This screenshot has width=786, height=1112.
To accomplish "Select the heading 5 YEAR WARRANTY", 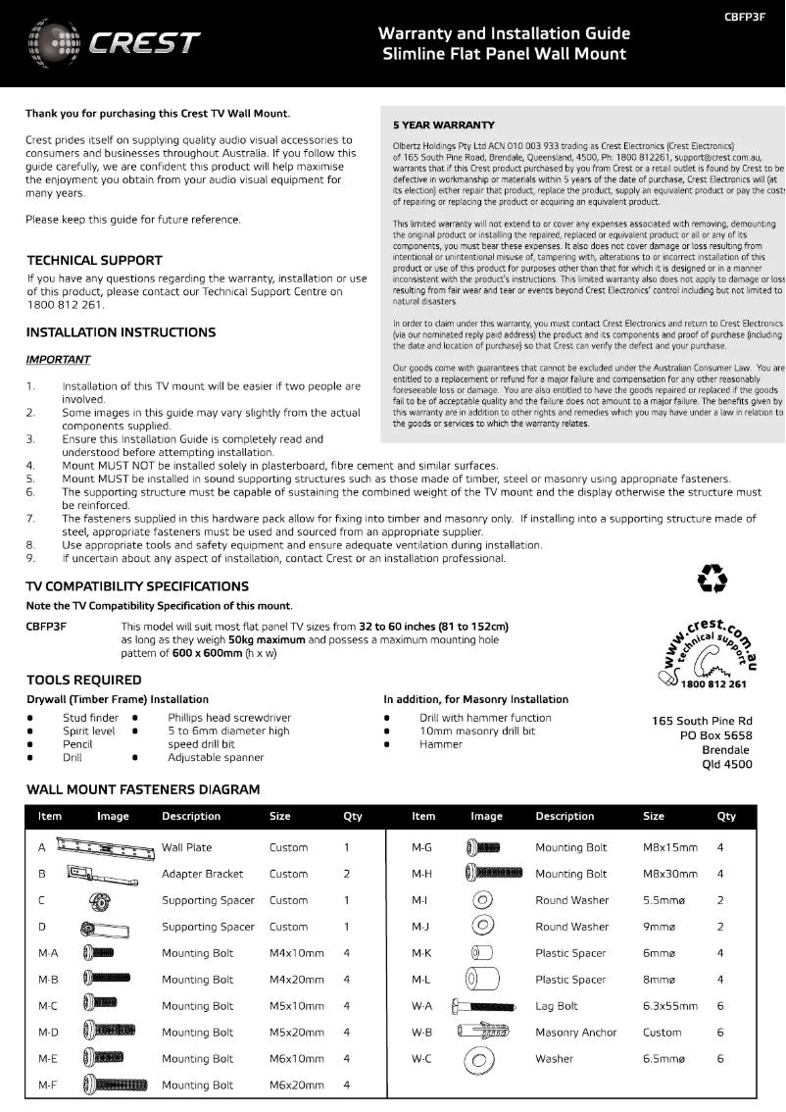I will click(x=443, y=126).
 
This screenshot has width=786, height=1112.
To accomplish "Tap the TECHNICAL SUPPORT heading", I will click(x=94, y=261).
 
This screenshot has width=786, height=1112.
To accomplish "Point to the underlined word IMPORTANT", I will click(x=58, y=360).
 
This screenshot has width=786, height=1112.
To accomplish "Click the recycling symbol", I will click(x=712, y=579).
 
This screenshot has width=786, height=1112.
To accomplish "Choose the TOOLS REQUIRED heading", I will click(x=83, y=680).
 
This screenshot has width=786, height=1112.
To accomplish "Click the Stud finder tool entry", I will click(x=90, y=718).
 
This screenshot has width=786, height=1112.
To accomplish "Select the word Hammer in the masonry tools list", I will click(x=441, y=744).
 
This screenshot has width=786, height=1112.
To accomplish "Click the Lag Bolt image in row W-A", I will click(x=485, y=1006).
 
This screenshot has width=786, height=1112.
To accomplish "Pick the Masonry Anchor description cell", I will click(x=576, y=1033).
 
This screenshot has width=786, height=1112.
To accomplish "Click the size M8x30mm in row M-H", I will click(x=670, y=874).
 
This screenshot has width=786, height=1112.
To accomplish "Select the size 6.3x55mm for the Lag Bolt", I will click(x=670, y=1006).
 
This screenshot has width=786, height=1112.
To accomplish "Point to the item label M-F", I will click(x=48, y=1086).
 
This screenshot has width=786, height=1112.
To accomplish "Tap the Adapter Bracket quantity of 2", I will click(x=346, y=874).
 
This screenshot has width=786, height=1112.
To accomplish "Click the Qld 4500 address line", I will click(x=727, y=765).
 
